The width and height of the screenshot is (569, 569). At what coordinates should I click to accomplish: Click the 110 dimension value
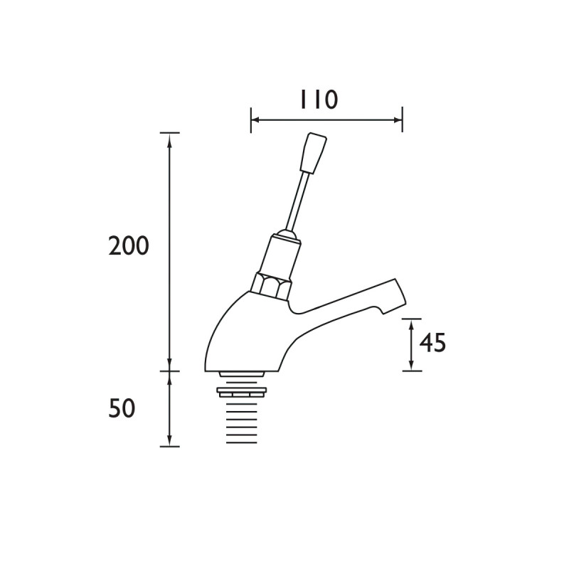pos(317,100)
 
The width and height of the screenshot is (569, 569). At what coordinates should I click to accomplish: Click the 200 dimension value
pos(129,246)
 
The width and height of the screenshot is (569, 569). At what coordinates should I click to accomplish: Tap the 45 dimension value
pos(432,343)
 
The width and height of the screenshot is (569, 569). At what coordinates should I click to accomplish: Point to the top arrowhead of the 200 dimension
pos(169,138)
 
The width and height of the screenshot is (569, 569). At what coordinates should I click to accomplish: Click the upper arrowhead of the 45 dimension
pos(411,324)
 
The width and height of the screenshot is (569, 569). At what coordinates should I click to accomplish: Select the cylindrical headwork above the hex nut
pos(279,254)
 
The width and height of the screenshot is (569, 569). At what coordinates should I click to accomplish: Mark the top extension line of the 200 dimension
pos(169,132)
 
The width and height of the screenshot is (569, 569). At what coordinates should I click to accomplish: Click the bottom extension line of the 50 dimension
pos(169,447)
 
